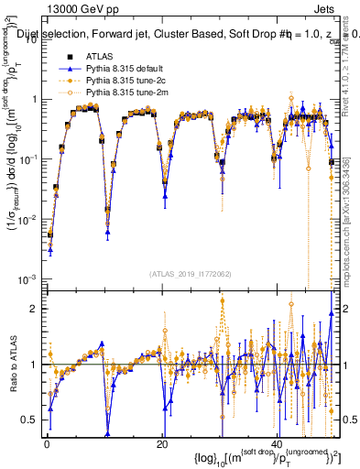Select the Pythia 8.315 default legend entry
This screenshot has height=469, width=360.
119,69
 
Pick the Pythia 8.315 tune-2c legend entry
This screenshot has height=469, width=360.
119,81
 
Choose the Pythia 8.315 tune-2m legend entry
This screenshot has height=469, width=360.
119,93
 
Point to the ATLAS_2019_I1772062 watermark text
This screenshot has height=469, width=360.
189,273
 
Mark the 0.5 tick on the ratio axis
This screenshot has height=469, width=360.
30,420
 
